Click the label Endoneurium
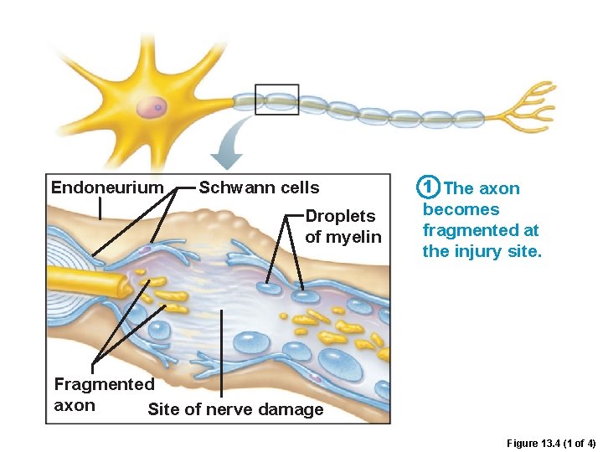[x=107, y=187]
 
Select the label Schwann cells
[x=259, y=187]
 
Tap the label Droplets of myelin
[x=343, y=227]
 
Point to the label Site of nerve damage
[x=235, y=409]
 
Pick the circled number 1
[x=428, y=187]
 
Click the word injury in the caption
[x=477, y=251]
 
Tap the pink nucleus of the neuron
[x=151, y=106]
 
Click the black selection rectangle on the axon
[x=276, y=100]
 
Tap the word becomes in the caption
[x=461, y=209]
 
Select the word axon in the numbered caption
[x=498, y=188]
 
